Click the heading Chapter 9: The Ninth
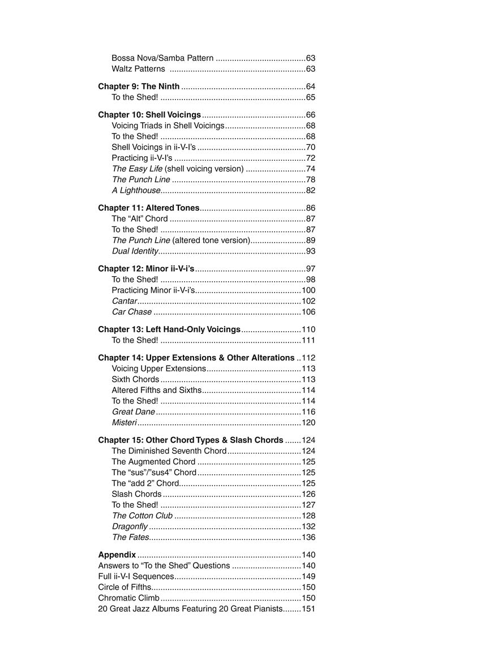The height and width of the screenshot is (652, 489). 139,87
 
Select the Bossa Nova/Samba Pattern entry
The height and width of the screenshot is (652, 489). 162,58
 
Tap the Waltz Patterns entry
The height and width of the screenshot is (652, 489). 138,68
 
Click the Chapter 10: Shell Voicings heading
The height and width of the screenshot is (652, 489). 149,114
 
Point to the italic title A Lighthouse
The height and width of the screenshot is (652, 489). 136,190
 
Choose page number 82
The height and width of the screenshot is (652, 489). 310,190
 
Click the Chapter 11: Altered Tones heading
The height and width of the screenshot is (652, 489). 149,208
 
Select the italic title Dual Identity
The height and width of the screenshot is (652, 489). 135,251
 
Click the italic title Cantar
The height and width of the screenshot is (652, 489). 125,301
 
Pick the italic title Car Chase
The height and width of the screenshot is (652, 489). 132,312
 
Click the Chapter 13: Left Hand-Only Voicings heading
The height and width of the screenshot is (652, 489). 169,329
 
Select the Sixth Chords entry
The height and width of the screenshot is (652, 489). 135,379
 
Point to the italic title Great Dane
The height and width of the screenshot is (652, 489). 134,411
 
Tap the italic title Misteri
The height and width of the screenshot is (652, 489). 125,422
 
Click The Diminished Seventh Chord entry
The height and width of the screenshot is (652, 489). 169,451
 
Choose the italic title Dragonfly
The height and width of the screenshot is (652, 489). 130,526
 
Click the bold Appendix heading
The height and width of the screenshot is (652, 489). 117,555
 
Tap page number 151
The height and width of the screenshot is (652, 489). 308,608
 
